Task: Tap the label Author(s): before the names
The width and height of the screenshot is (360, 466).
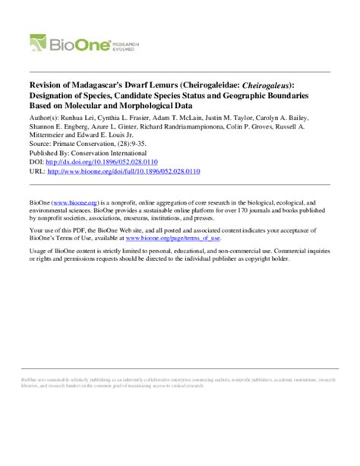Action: pyautogui.click(x=44, y=118)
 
